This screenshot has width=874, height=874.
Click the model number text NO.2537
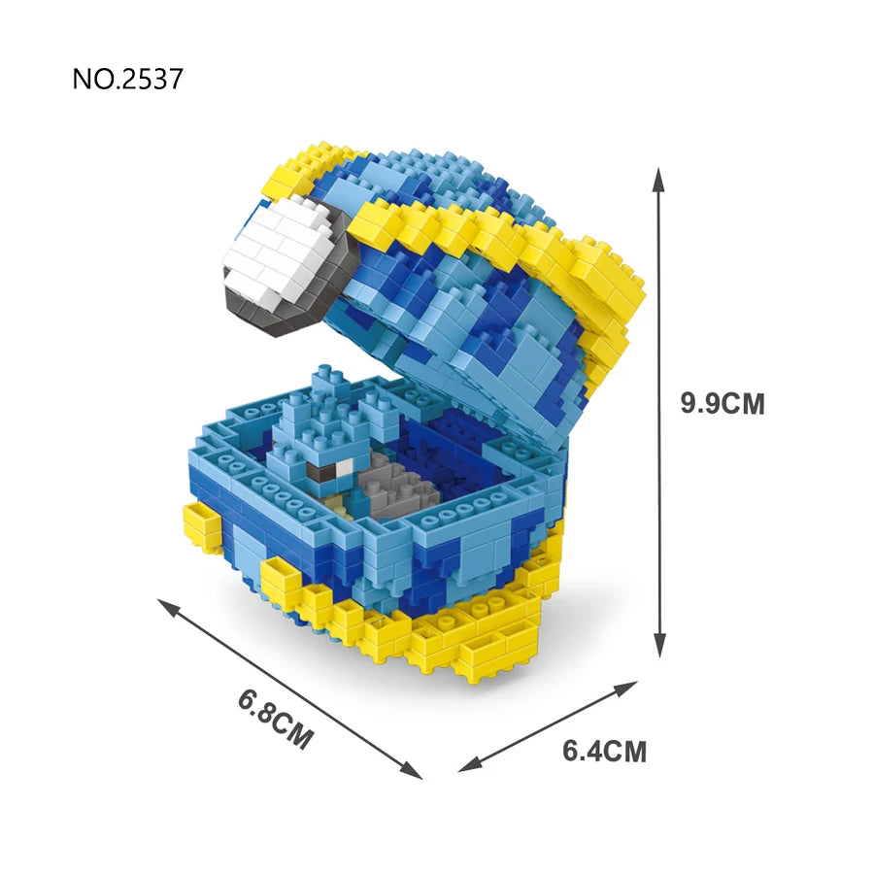[127, 79]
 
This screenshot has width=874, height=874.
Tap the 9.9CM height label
[723, 403]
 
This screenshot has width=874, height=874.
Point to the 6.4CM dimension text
[604, 751]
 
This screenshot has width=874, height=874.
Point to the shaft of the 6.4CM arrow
[549, 725]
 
